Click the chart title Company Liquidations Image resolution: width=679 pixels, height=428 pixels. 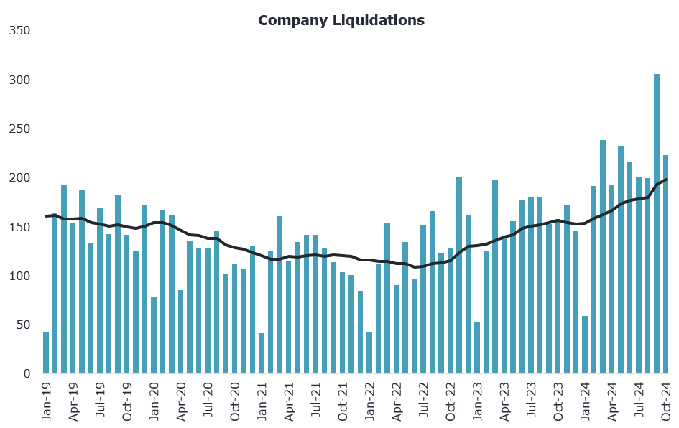click(x=341, y=20)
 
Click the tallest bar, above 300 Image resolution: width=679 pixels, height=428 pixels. click(x=657, y=223)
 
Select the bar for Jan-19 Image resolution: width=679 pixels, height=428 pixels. click(x=46, y=353)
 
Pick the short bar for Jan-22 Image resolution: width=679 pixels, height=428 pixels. click(x=369, y=353)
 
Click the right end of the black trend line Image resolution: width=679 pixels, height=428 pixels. click(x=666, y=180)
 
